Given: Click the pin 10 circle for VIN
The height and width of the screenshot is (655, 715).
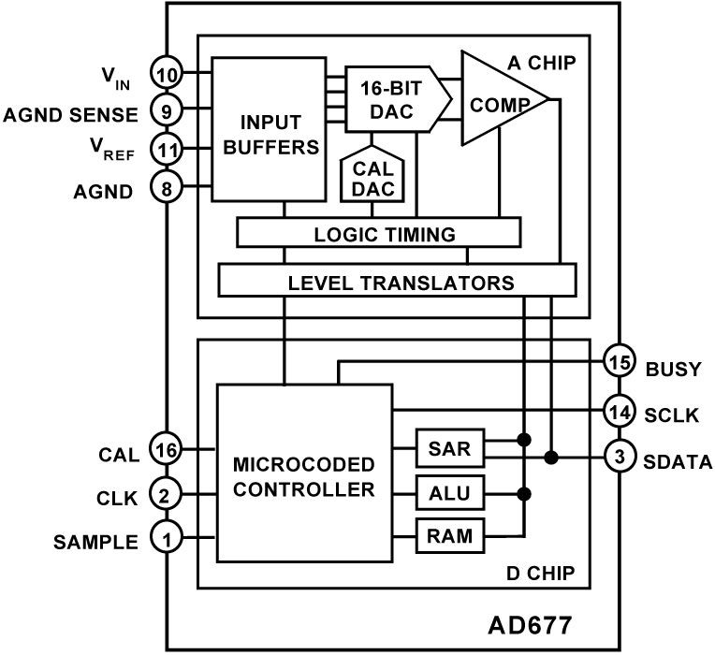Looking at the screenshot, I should [x=167, y=72].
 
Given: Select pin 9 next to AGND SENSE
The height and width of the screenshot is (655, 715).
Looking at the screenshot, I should [x=167, y=112].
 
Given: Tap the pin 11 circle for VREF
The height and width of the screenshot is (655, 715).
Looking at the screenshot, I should [x=167, y=148].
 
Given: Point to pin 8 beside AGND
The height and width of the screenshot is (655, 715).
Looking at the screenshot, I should [x=167, y=190].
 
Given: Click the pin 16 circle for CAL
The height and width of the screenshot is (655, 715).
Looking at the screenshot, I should [x=167, y=452].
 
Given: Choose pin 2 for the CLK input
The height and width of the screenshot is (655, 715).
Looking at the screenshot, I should [x=167, y=495].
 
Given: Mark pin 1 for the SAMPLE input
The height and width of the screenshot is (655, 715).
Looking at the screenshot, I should [x=167, y=540].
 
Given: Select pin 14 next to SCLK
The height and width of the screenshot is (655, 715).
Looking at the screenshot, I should [x=619, y=412].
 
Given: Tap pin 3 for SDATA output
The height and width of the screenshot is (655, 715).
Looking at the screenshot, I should [x=619, y=458].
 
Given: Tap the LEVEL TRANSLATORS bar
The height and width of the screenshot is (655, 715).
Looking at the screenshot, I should [x=397, y=280].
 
